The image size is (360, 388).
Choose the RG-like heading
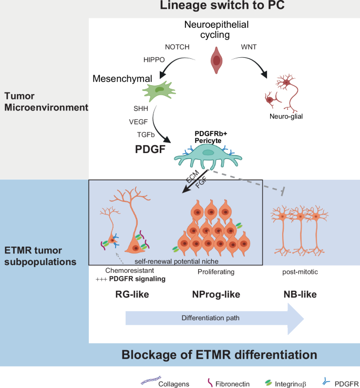[132, 294]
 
